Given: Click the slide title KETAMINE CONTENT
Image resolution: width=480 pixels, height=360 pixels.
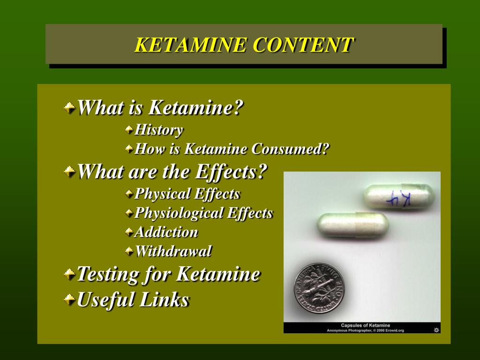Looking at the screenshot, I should coord(244,45).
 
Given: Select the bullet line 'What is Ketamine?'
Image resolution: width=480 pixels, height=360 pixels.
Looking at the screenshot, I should coord(160,108).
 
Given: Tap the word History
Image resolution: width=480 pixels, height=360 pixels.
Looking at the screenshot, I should coord(158,130).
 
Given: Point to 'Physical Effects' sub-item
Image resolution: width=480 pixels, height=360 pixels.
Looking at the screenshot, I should coord(187,194).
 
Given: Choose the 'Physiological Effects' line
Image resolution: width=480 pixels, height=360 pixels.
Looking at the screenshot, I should coord(203,213).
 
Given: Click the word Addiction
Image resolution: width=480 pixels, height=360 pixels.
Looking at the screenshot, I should coord(166,232).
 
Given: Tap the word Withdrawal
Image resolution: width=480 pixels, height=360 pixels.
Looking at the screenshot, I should coord(173,251).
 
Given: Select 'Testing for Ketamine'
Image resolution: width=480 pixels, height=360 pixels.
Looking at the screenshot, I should coord(168,274).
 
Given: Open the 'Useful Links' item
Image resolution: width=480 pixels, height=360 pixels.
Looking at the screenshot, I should coord(133,300).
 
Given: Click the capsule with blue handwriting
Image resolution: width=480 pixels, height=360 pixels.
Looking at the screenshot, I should coord(399,196).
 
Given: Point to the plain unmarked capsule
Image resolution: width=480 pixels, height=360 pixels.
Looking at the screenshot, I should coord(352,225).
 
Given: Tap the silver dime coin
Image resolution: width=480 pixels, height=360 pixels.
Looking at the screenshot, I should coord(319,288).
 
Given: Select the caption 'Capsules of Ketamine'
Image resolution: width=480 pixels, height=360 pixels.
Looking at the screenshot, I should coord(365,325).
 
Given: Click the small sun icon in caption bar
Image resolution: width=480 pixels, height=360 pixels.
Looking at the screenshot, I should coord(436,330).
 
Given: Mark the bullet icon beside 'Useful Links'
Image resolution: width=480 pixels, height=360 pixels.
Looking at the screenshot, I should coord(69,299).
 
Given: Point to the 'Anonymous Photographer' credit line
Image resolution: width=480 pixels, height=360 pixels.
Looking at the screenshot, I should coord(365,330).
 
